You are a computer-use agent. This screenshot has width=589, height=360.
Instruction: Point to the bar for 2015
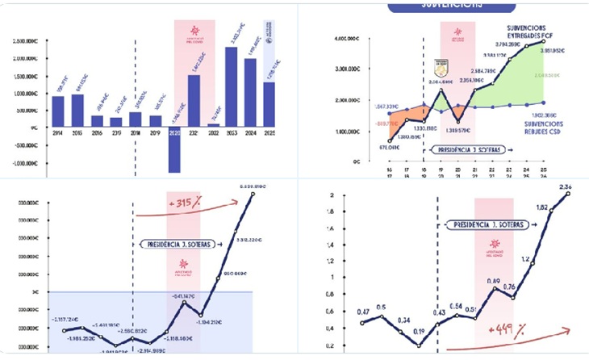point(77,111)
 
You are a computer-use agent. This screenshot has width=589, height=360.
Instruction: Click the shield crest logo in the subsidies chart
point(441,67)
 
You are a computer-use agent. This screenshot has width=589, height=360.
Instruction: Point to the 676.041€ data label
point(366,147)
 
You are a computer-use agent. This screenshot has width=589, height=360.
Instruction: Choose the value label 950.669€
point(234,271)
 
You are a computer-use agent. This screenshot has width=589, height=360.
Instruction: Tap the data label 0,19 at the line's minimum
point(418,331)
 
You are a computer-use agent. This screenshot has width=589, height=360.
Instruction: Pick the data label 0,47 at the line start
point(363,312)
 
